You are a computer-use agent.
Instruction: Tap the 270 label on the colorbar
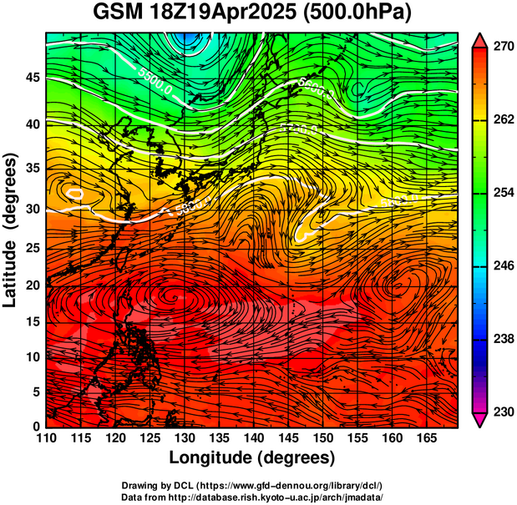click(503, 48)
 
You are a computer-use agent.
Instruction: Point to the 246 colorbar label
click(503, 266)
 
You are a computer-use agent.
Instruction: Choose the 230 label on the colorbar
click(503, 412)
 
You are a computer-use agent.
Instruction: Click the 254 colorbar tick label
click(503, 193)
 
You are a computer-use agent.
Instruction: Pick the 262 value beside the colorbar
click(503, 120)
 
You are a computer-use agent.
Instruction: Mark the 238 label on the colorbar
click(503, 339)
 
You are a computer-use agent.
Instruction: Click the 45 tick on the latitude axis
click(32, 78)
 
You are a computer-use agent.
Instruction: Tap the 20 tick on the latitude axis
click(32, 285)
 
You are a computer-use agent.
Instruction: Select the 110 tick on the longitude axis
click(46, 438)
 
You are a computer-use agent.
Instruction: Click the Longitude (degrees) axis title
click(252, 457)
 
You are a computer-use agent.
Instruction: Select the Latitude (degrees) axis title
click(12, 230)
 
